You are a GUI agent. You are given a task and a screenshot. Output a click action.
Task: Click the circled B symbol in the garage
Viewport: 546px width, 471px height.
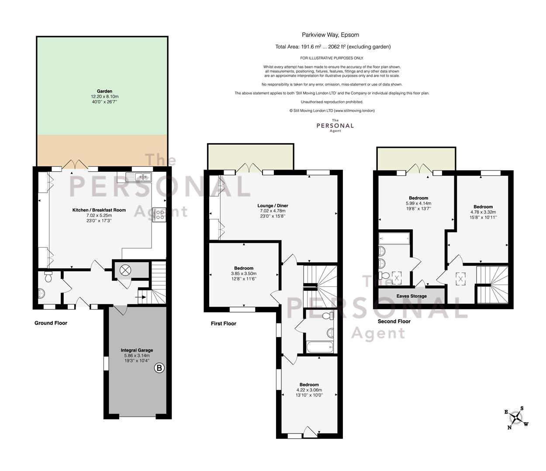coord(159,368)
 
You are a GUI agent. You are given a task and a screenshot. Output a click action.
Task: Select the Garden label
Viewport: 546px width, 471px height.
coord(104,91)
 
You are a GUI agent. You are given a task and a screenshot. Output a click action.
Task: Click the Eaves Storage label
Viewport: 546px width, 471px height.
coord(411,296)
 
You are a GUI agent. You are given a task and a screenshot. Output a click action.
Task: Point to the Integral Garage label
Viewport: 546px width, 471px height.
coord(137,350)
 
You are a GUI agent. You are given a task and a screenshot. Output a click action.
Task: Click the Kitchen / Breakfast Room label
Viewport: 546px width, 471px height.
coord(99,210)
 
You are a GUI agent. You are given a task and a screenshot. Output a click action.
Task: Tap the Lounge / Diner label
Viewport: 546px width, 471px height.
coord(273,206)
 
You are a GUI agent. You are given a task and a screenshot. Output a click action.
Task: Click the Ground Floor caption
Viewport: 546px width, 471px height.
coord(51,323)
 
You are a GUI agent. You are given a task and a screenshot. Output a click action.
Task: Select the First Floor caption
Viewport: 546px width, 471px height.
coord(224,324)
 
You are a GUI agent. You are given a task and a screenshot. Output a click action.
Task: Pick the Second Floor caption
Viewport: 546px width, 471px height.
coord(394,321)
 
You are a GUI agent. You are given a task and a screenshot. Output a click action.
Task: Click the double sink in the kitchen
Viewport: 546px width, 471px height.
coord(138,177)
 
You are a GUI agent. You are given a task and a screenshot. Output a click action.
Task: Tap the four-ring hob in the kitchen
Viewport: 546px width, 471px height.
coord(159,215)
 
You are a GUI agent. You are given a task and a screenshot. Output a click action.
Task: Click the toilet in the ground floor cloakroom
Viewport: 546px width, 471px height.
coord(48,276)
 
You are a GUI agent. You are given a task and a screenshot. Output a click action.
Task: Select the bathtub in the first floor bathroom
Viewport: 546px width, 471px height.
coord(320,347)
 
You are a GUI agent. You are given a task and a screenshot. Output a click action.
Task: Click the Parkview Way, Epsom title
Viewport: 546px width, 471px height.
coord(331,35)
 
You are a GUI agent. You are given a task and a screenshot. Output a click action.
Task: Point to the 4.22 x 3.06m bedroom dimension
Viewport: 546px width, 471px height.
coord(309,390)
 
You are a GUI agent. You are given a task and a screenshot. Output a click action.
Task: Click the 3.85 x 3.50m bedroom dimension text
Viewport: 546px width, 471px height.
coord(244,273)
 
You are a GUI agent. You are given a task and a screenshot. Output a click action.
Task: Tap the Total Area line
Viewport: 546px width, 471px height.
coord(333,47)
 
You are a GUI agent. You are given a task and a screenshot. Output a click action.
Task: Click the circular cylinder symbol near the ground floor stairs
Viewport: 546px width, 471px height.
coord(125,270)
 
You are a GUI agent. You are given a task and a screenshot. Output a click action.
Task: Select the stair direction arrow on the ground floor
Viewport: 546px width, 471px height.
coord(142,297)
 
